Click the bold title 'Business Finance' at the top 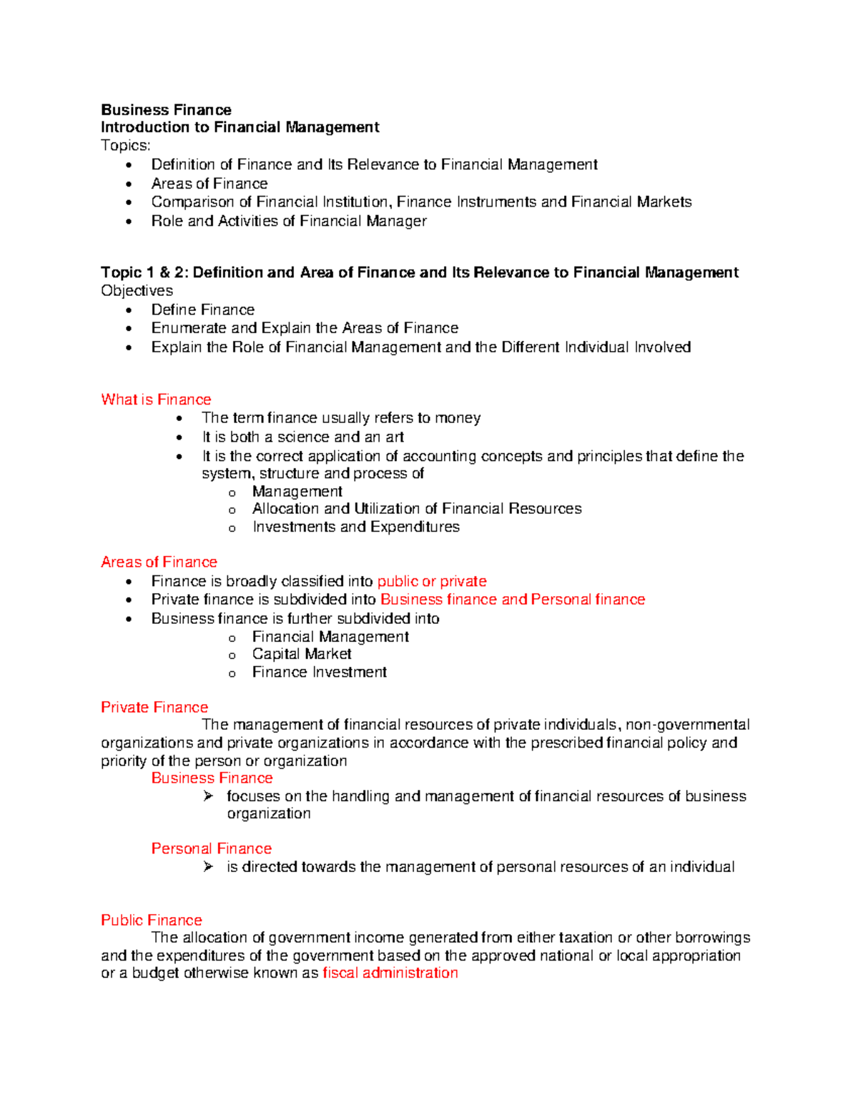(x=166, y=110)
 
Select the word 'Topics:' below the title (x=126, y=146)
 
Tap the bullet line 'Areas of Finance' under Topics (x=209, y=184)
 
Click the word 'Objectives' (x=137, y=291)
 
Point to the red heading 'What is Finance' (x=156, y=400)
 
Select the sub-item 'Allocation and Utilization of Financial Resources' (x=417, y=509)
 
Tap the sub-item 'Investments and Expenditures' (x=356, y=527)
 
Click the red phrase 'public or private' (x=432, y=581)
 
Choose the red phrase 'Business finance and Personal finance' (x=513, y=600)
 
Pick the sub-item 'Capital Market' (x=302, y=654)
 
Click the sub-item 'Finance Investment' (x=320, y=673)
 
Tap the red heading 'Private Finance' (x=154, y=708)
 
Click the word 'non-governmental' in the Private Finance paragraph (x=688, y=725)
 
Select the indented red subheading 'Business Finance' (x=212, y=778)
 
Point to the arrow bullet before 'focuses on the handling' (x=208, y=796)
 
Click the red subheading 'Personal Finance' (x=212, y=849)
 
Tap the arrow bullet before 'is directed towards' (x=208, y=866)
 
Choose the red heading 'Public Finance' (x=152, y=921)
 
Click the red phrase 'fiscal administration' (x=390, y=973)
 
